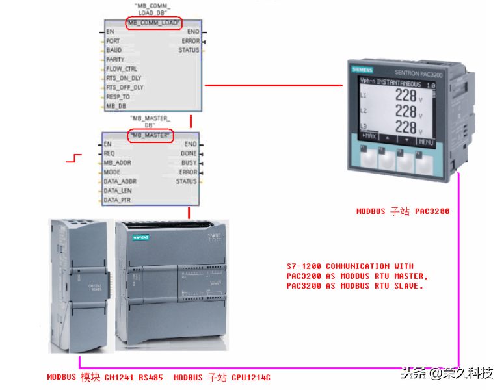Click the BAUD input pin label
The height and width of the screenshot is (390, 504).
[114, 50]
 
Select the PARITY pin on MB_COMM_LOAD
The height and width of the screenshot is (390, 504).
[116, 59]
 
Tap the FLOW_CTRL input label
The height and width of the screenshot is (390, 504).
[122, 68]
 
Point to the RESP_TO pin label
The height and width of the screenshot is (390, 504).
[118, 96]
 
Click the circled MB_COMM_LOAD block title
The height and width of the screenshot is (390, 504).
[153, 23]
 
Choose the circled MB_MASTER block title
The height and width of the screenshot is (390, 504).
[150, 135]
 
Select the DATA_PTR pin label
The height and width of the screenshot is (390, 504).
[117, 200]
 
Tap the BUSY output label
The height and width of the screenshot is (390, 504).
[189, 162]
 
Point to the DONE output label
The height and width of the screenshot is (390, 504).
[189, 153]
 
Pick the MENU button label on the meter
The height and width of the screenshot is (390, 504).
[426, 142]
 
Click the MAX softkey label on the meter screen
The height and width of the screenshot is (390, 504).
[369, 137]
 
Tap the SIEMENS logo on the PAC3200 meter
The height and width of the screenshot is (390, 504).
[365, 70]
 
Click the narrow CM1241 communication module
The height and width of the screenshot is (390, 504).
[80, 286]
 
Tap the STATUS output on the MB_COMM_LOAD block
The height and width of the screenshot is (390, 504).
[189, 50]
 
